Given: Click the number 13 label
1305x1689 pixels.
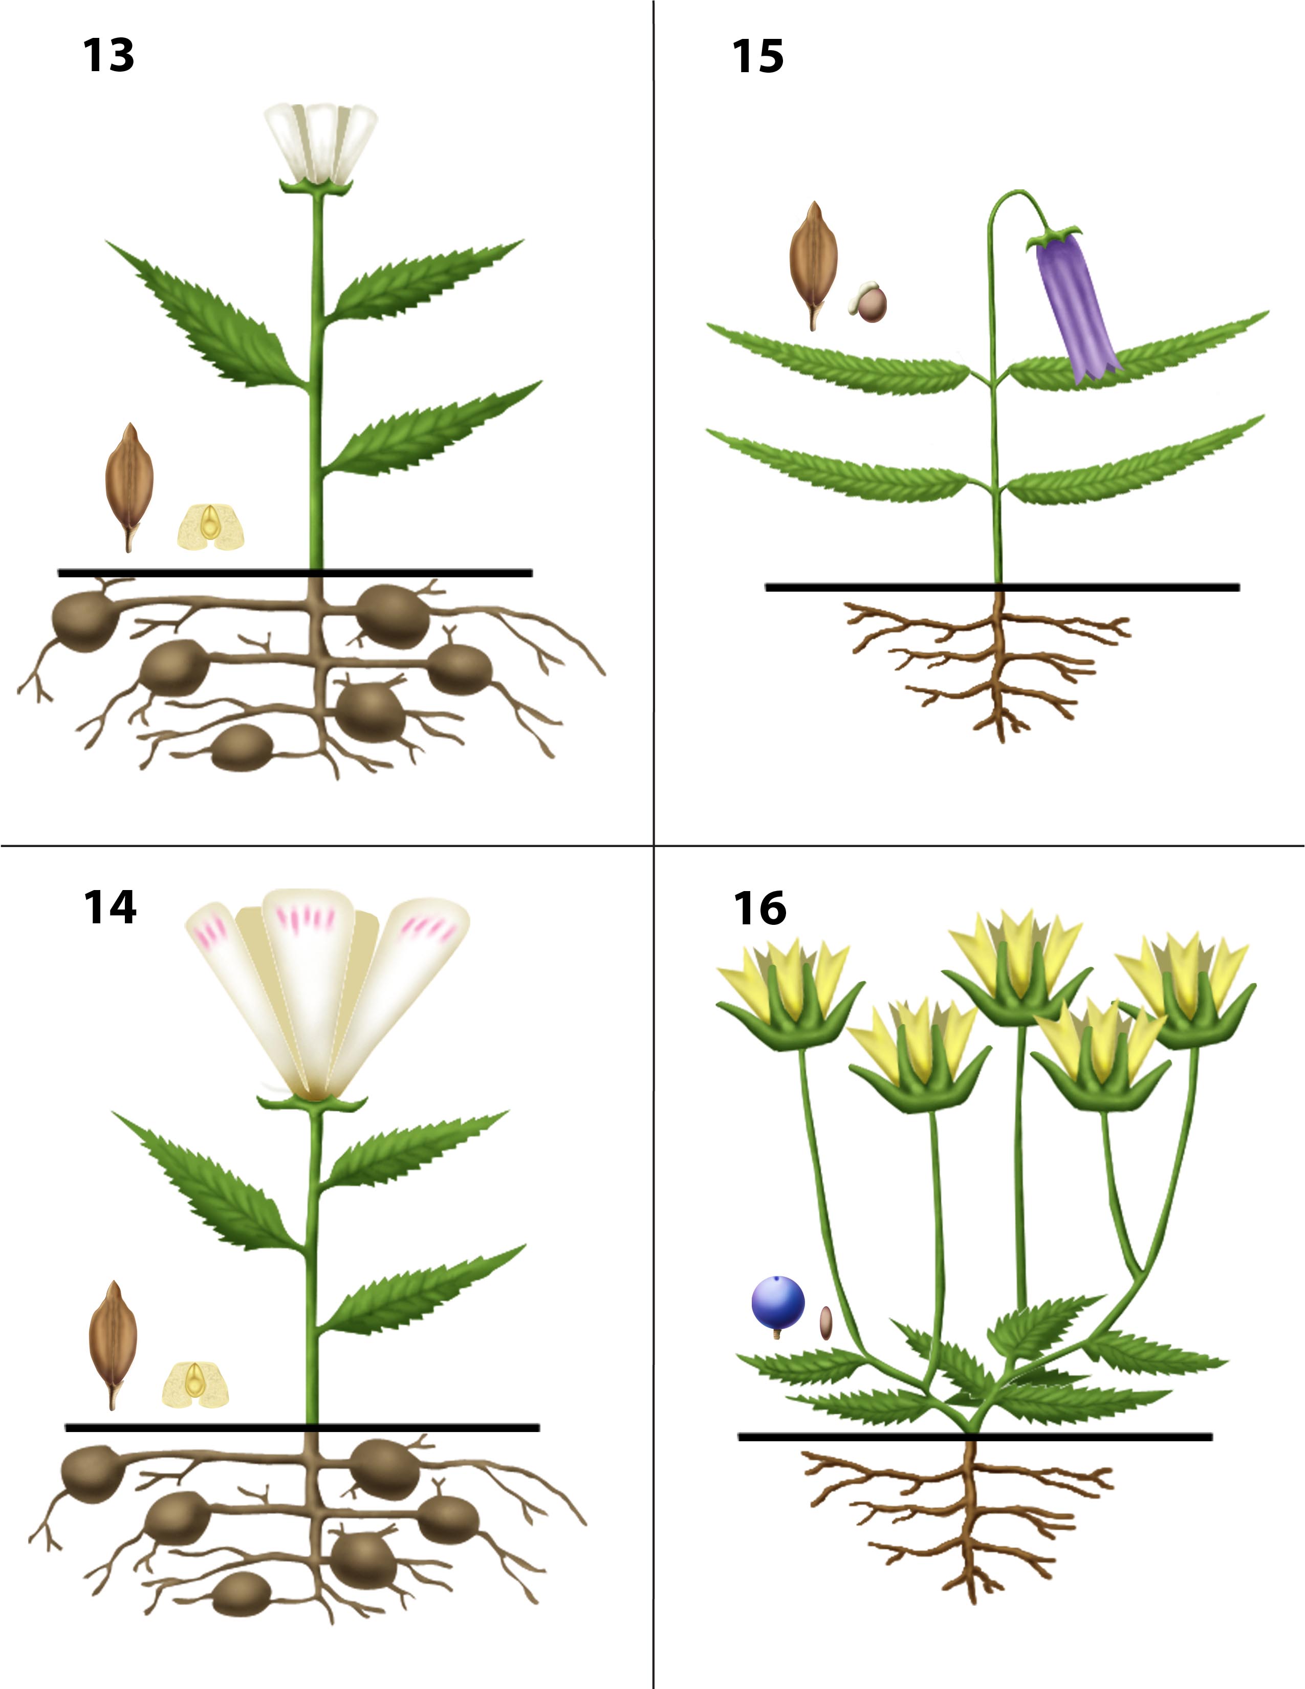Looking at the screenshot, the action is coord(108,56).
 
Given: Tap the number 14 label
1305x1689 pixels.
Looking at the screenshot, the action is coord(110,907).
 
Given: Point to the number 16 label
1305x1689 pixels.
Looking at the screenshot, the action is coord(760,908).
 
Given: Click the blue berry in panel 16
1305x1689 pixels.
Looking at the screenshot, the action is coord(778,1303).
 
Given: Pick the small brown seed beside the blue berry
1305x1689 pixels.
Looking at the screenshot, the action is coord(825,1323).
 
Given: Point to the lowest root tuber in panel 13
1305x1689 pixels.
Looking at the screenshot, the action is coord(242,747).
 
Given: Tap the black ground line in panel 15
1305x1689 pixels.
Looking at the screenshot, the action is coord(1002,588).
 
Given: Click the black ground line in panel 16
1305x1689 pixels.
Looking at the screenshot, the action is coord(975,1437).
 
